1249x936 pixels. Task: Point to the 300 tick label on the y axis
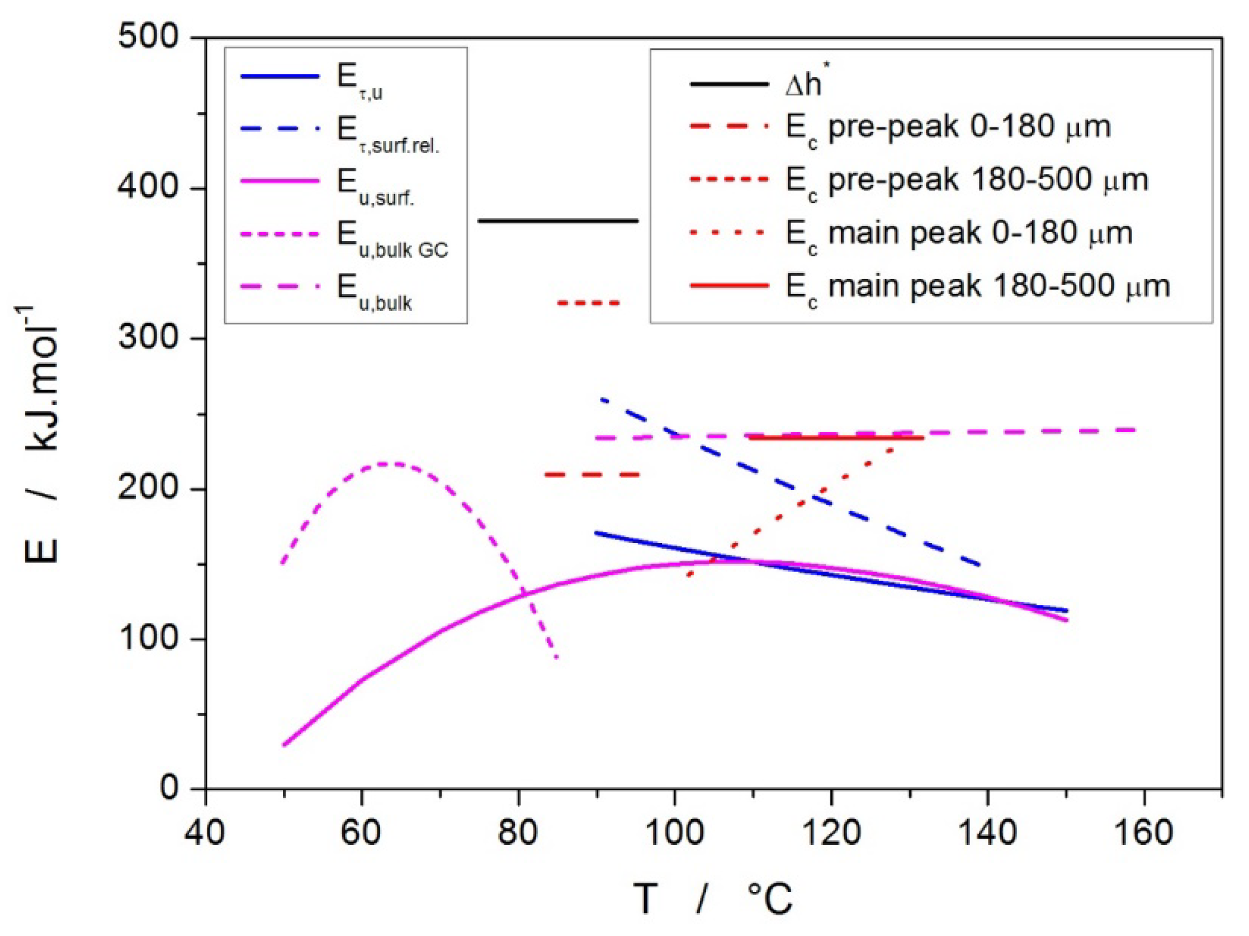pos(148,338)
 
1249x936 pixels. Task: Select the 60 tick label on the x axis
pos(361,833)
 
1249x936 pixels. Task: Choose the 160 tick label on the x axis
pos(1144,833)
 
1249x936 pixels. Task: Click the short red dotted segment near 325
pos(589,304)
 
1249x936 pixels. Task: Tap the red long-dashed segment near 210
pos(592,475)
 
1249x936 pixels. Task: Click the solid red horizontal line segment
pos(836,438)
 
